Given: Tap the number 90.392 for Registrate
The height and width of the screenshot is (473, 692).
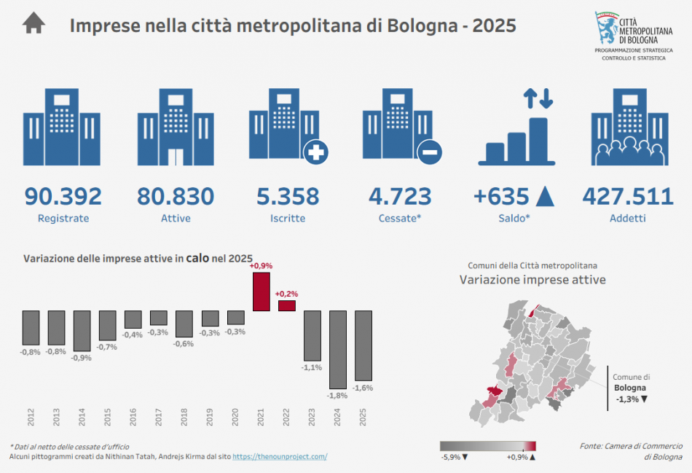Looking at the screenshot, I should point(63,196).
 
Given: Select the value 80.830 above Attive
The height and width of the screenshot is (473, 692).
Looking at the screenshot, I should point(176,196).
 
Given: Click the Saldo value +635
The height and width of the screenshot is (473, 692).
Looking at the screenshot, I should point(503,196).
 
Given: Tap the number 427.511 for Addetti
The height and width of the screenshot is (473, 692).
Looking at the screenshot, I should point(628,196).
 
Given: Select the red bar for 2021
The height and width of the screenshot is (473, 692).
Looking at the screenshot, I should point(262,292).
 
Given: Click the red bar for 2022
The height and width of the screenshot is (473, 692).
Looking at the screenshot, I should point(287,305).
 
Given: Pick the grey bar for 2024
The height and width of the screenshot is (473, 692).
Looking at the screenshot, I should point(338,349).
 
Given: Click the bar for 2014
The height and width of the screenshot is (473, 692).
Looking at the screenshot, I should point(82,330).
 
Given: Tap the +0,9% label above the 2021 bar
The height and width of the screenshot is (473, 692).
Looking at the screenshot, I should point(261,266).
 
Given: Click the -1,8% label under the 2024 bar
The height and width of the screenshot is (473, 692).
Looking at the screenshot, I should point(337,395).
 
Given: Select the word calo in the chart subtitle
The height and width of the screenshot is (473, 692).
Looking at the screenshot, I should point(199,257).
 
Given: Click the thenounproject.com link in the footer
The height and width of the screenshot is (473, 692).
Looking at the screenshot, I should point(280,456).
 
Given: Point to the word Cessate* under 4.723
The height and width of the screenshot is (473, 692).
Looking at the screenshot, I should point(401,218).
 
